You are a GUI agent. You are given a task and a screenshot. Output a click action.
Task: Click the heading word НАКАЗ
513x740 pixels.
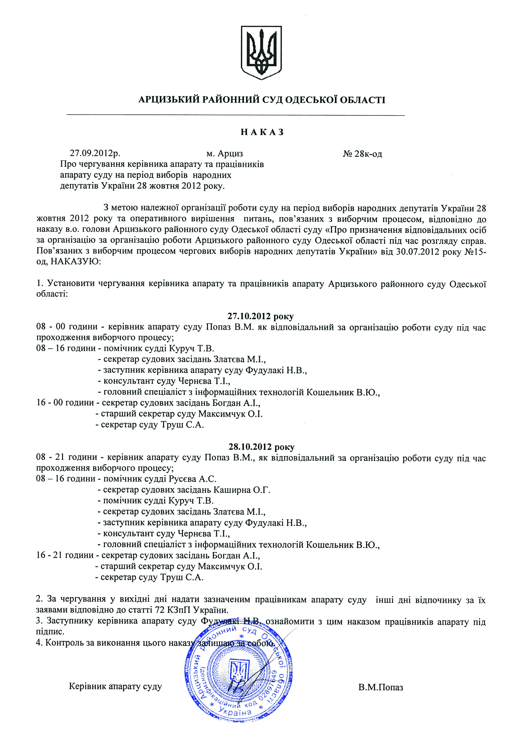point(262,132)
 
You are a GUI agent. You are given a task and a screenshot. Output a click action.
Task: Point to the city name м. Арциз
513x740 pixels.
point(225,153)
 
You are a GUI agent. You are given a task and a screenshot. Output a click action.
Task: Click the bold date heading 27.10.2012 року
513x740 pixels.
point(260,316)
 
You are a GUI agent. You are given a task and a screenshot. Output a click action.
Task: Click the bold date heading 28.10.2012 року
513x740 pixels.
point(261,447)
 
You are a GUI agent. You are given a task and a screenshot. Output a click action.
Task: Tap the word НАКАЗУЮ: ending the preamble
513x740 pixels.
point(76,262)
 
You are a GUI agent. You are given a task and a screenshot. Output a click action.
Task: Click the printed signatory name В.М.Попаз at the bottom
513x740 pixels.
point(381,687)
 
